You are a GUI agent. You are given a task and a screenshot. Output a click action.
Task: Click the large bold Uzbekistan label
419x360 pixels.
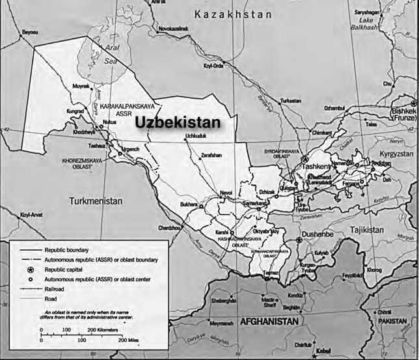click(x=176, y=122)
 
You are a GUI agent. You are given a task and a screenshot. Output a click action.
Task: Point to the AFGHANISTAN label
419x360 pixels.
click(x=269, y=322)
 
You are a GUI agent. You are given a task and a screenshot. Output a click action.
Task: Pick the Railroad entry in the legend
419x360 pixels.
click(x=56, y=287)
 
